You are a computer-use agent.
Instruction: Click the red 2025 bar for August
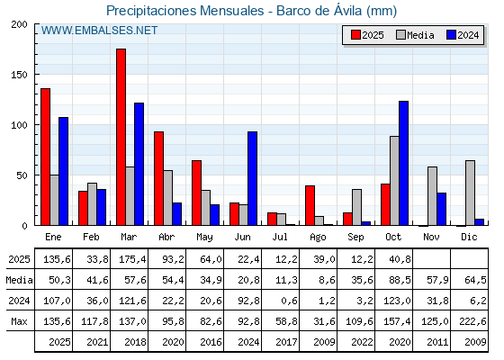click(x=310, y=205)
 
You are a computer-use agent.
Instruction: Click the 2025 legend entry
click(x=367, y=35)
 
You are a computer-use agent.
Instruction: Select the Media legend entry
click(x=415, y=35)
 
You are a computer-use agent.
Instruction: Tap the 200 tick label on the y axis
click(x=20, y=24)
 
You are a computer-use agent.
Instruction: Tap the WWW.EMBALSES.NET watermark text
click(x=99, y=31)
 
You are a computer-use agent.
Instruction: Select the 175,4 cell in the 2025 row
click(x=130, y=260)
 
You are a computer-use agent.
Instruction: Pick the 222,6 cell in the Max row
click(x=470, y=321)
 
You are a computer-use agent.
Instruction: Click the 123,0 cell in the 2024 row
click(x=394, y=301)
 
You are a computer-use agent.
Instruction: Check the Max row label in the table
click(x=18, y=321)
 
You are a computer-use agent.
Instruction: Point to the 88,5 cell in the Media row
click(x=394, y=281)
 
